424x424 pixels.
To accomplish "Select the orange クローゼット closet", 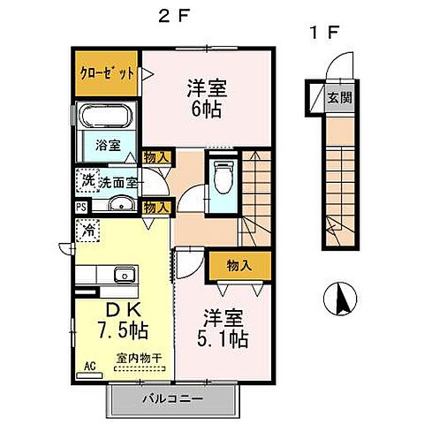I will [105, 74].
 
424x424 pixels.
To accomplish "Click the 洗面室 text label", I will [117, 184].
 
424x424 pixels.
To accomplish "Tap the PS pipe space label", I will [80, 208].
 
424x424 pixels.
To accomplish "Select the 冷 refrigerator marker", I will [89, 229].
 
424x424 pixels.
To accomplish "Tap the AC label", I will [89, 365].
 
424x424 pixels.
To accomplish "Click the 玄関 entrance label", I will [339, 98].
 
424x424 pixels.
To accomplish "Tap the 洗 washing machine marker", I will [87, 179].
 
